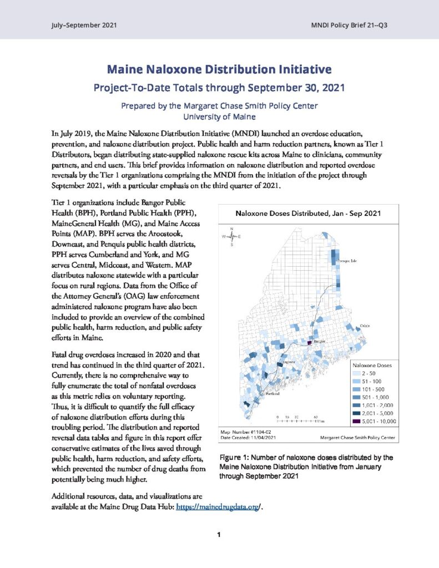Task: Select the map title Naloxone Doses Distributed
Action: [308, 212]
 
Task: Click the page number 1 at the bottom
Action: [219, 535]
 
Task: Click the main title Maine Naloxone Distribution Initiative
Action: [219, 70]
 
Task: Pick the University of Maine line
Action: [219, 116]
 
